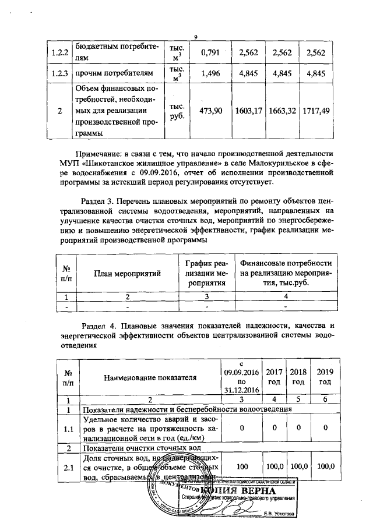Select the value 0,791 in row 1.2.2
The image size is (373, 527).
point(209,53)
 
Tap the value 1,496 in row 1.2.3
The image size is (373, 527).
point(209,73)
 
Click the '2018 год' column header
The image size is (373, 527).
point(297,377)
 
